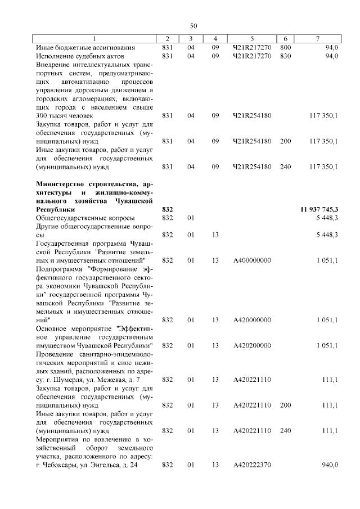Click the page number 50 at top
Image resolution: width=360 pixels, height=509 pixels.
(x=193, y=26)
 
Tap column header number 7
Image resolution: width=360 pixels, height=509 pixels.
(x=318, y=38)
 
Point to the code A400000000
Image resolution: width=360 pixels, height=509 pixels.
(x=252, y=260)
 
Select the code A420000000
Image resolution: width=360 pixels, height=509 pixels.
(x=252, y=320)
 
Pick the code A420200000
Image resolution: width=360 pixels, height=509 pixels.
(x=252, y=345)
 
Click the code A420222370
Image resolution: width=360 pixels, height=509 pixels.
(x=252, y=465)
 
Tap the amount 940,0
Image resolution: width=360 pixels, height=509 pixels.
(x=328, y=465)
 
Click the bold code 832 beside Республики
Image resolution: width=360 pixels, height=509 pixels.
(x=167, y=209)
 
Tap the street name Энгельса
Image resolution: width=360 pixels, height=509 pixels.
(x=106, y=465)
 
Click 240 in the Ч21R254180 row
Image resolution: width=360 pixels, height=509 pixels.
(x=286, y=166)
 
